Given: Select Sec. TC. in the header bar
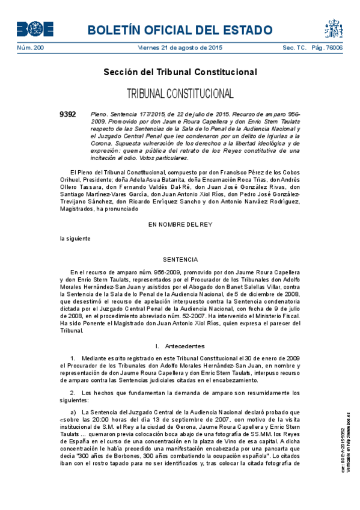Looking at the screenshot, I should pyautogui.click(x=294, y=48).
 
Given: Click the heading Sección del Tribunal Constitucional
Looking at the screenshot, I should pyautogui.click(x=180, y=72).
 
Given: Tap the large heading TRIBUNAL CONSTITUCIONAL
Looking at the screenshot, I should pyautogui.click(x=180, y=94).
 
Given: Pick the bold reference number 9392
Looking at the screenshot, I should pyautogui.click(x=68, y=114).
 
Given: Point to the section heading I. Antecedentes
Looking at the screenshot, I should pyautogui.click(x=180, y=346).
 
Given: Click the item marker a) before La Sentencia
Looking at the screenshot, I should pyautogui.click(x=73, y=412).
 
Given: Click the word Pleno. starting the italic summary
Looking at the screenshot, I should pyautogui.click(x=98, y=114).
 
